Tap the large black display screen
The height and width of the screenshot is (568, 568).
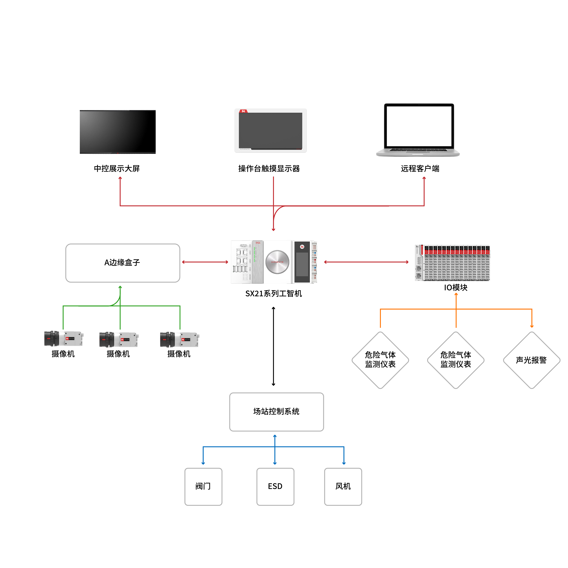pyautogui.click(x=118, y=132)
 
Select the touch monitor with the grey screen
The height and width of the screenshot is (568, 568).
pyautogui.click(x=271, y=131)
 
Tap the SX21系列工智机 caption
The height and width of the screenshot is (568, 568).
pyautogui.click(x=273, y=293)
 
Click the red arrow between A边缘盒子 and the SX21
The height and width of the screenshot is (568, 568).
pyautogui.click(x=205, y=262)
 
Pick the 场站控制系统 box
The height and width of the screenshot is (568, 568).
pyautogui.click(x=276, y=412)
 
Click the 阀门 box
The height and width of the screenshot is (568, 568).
pyautogui.click(x=203, y=487)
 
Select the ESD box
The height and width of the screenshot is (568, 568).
pyautogui.click(x=275, y=487)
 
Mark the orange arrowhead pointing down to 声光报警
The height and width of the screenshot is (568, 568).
pyautogui.click(x=532, y=326)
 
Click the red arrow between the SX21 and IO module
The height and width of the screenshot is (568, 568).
pyautogui.click(x=366, y=262)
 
